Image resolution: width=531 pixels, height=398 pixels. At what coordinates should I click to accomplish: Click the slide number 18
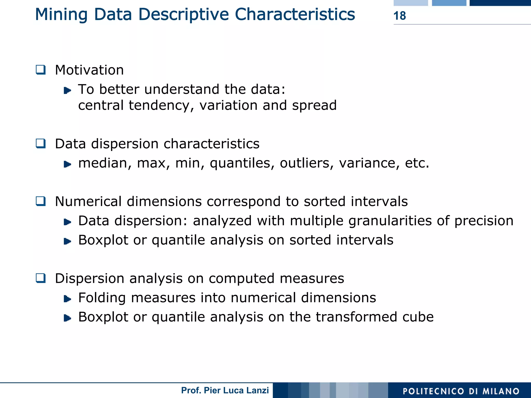point(400,16)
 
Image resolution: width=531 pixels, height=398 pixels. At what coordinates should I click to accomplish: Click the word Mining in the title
point(61,15)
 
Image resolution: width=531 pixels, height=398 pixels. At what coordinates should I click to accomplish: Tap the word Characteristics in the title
point(295,14)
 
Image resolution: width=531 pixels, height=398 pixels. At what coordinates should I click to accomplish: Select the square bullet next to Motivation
point(41,70)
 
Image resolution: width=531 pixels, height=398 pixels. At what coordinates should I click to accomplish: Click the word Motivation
point(89,70)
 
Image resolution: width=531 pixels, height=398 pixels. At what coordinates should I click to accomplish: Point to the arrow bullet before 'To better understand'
point(67,90)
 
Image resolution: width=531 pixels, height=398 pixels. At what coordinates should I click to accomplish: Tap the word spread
point(314,106)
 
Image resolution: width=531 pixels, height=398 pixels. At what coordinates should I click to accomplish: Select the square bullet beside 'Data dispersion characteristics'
point(41,143)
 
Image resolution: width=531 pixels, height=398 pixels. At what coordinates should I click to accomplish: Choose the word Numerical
point(88,202)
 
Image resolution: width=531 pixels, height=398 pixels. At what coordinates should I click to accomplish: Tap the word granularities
point(391,221)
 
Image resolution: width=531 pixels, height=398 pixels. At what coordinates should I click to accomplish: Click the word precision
point(484,221)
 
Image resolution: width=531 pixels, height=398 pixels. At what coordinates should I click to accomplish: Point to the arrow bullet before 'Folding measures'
point(67,299)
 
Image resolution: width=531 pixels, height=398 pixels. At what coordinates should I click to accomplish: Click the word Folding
point(102,298)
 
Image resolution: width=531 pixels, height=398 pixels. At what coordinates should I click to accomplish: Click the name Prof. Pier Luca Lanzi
point(225,390)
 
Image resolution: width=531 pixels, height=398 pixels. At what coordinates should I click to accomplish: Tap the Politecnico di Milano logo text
point(461,391)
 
